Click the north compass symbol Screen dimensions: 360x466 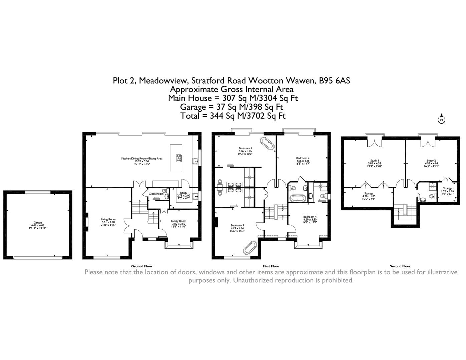click(441, 120)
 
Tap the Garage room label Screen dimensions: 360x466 click(38, 225)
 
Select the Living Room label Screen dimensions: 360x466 click(108, 222)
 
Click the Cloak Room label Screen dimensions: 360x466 click(156, 194)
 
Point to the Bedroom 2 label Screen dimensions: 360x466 click(303, 160)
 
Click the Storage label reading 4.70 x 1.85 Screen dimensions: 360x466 click(369, 196)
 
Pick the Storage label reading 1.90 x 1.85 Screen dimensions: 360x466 click(447, 191)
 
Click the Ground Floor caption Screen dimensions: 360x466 click(142, 266)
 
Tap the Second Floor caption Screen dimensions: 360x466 click(400, 266)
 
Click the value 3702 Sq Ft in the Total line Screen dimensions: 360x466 click(266, 116)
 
